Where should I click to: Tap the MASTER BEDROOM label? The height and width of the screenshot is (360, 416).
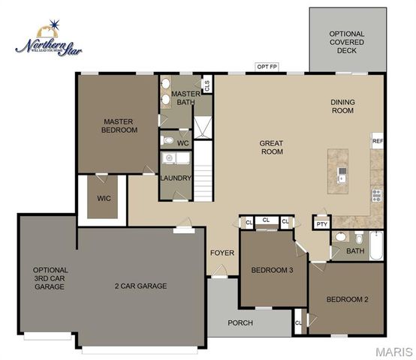pyautogui.click(x=120, y=125)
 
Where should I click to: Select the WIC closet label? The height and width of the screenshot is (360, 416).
pyautogui.click(x=104, y=199)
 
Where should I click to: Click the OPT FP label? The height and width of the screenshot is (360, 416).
pyautogui.click(x=267, y=67)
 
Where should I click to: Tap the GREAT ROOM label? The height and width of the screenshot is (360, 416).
pyautogui.click(x=271, y=146)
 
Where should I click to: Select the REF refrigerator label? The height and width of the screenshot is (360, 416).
pyautogui.click(x=377, y=140)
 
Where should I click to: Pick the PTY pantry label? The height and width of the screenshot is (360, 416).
pyautogui.click(x=322, y=223)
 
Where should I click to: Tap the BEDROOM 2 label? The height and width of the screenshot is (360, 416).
pyautogui.click(x=347, y=300)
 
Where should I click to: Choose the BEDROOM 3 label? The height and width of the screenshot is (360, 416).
pyautogui.click(x=272, y=270)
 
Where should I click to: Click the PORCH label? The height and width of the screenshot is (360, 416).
pyautogui.click(x=240, y=323)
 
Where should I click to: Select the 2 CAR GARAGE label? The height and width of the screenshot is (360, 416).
pyautogui.click(x=140, y=286)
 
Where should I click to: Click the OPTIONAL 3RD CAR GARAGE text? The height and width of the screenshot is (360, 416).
pyautogui.click(x=50, y=278)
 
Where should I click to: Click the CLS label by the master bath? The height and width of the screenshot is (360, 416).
pyautogui.click(x=206, y=83)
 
